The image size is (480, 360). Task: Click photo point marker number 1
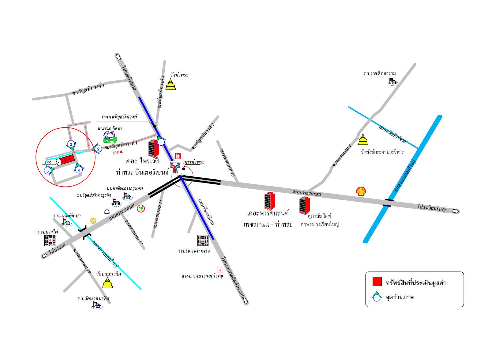161,142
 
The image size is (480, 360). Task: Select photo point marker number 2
98,149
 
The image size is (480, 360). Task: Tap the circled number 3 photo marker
71,144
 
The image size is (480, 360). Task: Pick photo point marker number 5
48,171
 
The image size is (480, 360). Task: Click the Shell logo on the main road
361,191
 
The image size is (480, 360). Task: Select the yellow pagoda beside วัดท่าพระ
171,84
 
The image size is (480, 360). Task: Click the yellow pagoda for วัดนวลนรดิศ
107,283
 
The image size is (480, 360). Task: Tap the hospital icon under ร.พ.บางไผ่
50,240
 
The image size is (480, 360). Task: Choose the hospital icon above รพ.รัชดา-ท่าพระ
203,240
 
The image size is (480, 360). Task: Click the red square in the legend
377,282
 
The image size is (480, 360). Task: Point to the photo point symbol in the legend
377,296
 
